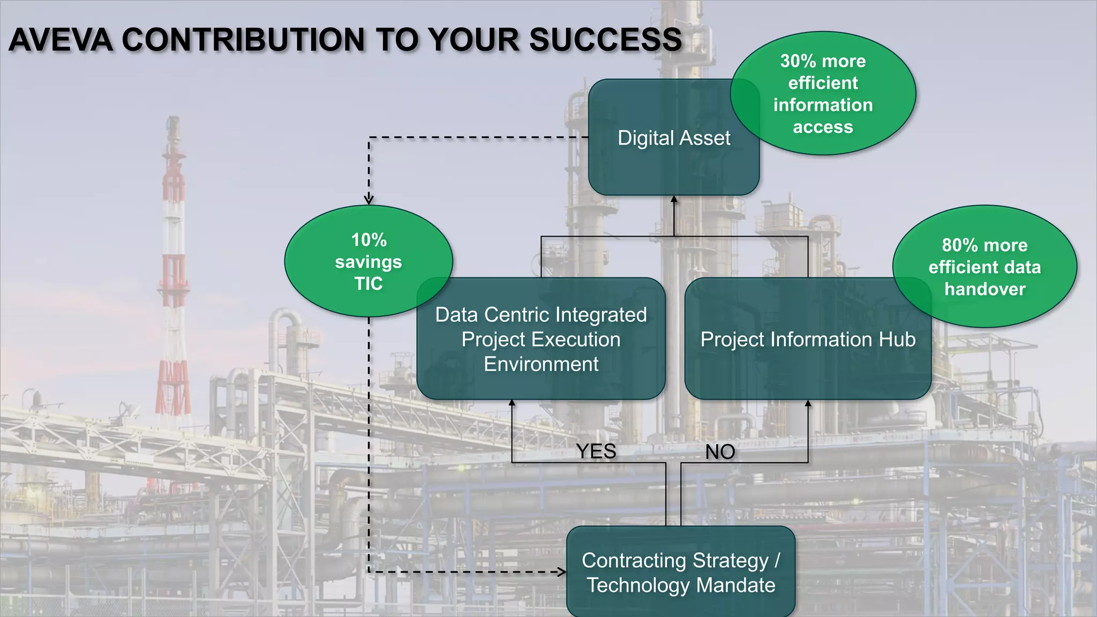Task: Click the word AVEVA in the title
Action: pos(61,40)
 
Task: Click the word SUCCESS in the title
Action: pos(605,40)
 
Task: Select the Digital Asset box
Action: pos(664,161)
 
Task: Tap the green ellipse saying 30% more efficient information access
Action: pos(823,94)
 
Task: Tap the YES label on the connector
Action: pos(596,452)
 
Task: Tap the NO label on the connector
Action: pos(720,452)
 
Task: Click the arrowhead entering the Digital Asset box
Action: pos(674,199)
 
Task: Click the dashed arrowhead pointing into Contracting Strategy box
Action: pos(562,572)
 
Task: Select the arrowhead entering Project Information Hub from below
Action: pos(808,403)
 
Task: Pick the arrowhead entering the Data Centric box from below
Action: pos(512,403)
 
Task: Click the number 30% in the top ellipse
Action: pos(798,61)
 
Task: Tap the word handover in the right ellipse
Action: pos(985,289)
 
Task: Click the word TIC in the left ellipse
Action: pos(369,283)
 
